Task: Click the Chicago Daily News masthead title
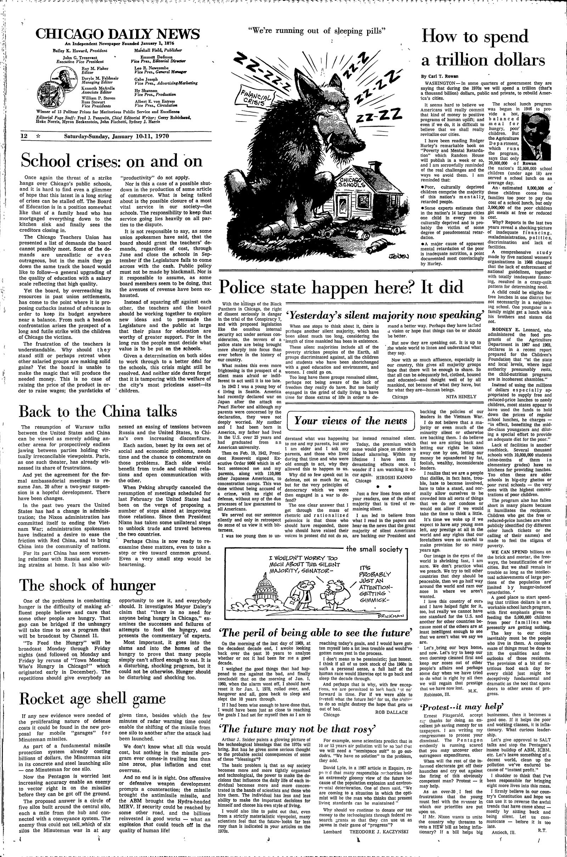pyautogui.click(x=118, y=34)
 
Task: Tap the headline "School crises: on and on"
pyautogui.click(x=112, y=160)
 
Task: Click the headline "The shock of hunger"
pyautogui.click(x=88, y=585)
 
